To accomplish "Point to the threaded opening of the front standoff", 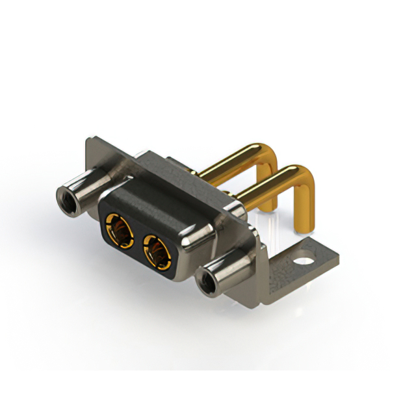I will (x=206, y=284).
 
